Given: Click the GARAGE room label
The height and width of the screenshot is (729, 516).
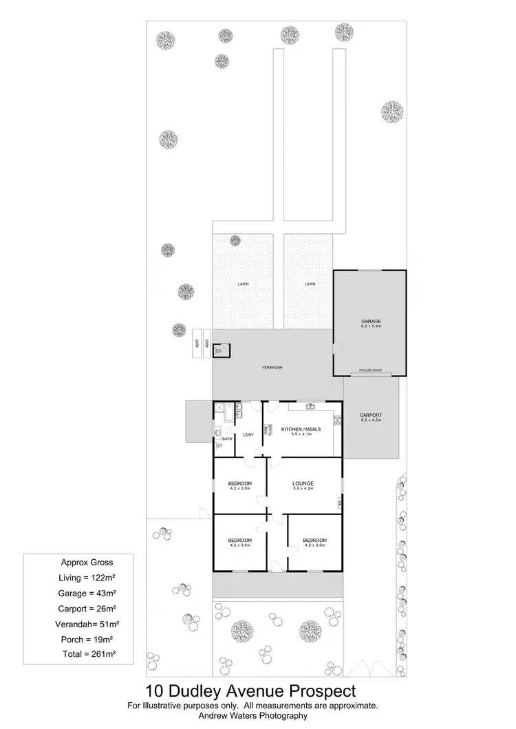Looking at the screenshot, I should click(x=372, y=321).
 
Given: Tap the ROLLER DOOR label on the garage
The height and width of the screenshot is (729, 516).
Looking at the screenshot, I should click(x=370, y=371).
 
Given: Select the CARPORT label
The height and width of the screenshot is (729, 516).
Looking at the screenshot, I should click(x=370, y=415).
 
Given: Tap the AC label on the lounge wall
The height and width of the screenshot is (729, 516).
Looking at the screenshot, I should click(x=340, y=504).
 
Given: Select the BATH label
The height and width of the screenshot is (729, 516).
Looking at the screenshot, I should click(x=226, y=438).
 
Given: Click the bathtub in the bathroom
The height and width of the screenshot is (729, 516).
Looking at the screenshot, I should click(x=226, y=413).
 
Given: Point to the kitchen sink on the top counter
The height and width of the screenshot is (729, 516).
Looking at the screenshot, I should click(x=311, y=406).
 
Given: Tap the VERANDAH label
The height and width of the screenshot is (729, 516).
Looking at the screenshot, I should click(x=272, y=368).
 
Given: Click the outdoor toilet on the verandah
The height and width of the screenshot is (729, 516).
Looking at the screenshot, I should click(x=220, y=350).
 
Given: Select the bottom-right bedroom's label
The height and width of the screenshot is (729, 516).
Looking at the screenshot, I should click(x=314, y=541).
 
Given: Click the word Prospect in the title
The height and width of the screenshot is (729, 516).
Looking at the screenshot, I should click(x=322, y=690).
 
